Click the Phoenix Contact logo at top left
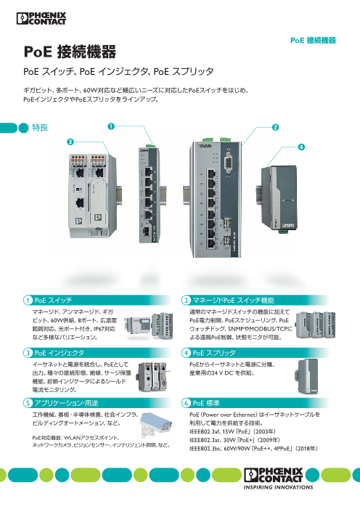tap(38, 16)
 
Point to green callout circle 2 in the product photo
tap(276, 127)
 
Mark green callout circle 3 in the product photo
tap(70, 140)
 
